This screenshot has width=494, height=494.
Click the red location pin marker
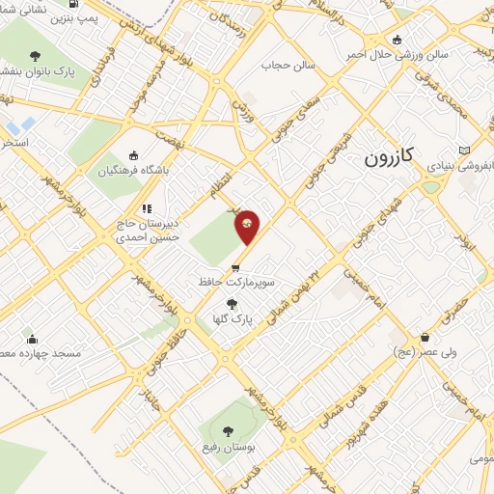pyautogui.click(x=247, y=227)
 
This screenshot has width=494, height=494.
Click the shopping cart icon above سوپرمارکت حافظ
pyautogui.click(x=234, y=268)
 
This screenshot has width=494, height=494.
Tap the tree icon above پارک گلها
pyautogui.click(x=230, y=304)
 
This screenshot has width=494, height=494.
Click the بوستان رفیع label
pyautogui.click(x=229, y=450)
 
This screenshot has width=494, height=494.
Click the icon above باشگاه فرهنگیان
pyautogui.click(x=133, y=155)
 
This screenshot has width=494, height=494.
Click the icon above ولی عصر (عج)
pyautogui.click(x=425, y=338)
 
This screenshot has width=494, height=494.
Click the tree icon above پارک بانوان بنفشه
pyautogui.click(x=36, y=56)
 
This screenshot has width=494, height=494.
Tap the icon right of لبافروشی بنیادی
pyautogui.click(x=467, y=151)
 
